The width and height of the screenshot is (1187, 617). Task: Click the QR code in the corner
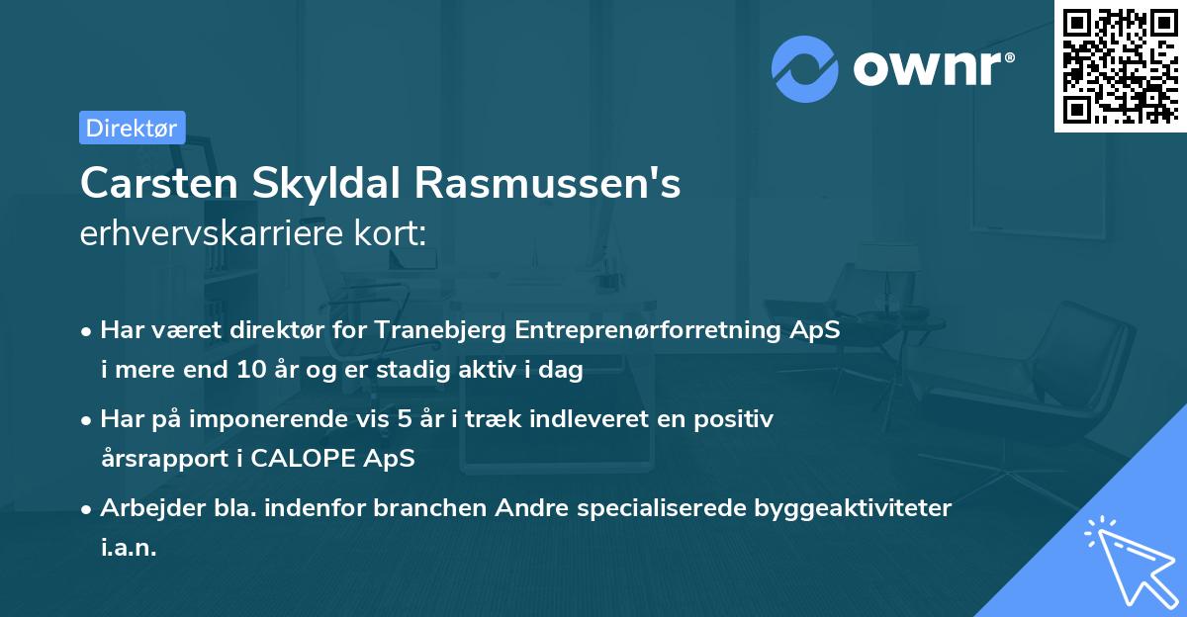click(x=1120, y=65)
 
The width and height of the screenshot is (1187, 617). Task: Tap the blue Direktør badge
click(x=132, y=128)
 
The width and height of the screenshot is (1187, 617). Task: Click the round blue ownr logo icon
click(x=805, y=69)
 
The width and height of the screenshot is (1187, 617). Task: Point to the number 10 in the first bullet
click(x=248, y=372)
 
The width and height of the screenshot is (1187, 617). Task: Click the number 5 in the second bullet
click(x=403, y=419)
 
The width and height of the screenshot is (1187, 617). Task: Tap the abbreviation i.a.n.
click(x=129, y=548)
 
